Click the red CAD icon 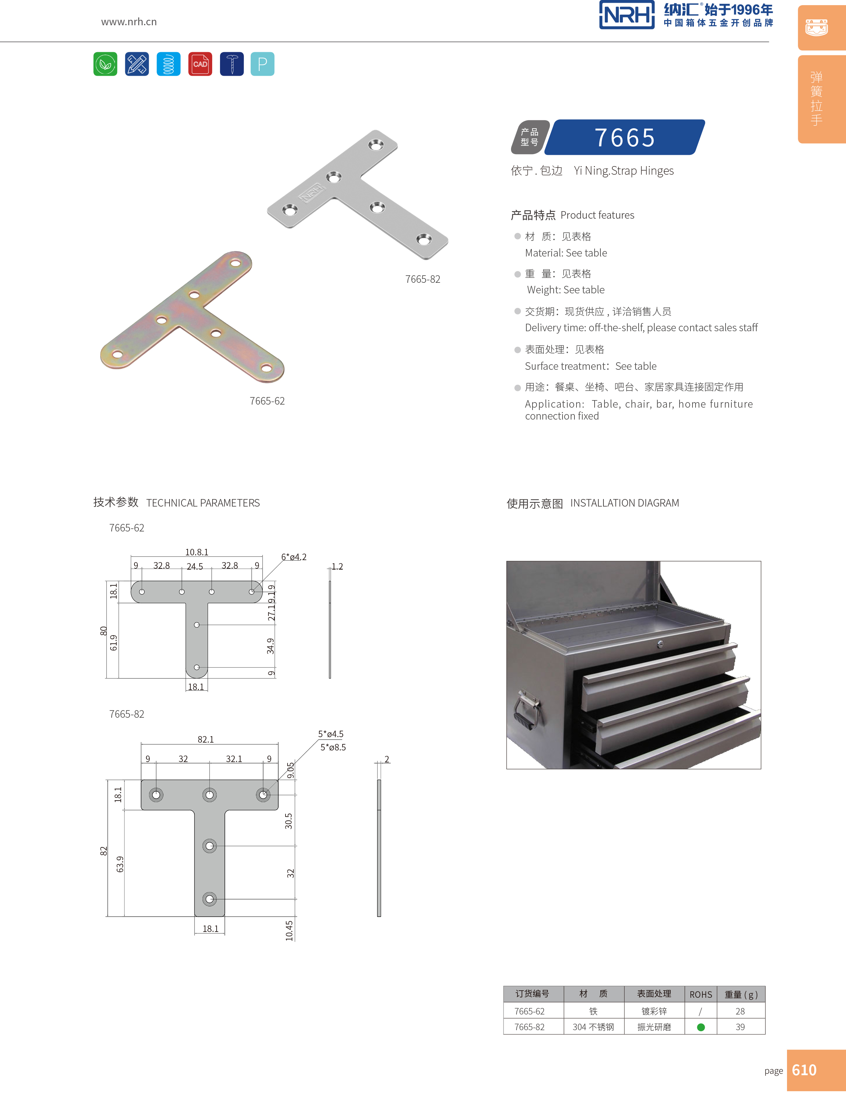coord(200,64)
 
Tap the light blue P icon coord(262,64)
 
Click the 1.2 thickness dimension coord(337,567)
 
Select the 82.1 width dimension coord(206,739)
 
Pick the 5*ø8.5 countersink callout coord(333,747)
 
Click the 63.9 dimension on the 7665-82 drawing coord(120,864)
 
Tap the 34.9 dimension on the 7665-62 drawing coord(271,646)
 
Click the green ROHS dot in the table coord(701,1027)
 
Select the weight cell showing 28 coord(740,1011)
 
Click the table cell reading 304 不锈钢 coord(593,1027)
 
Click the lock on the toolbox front coord(660,644)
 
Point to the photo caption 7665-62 coord(267,401)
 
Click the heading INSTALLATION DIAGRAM coord(624,503)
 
